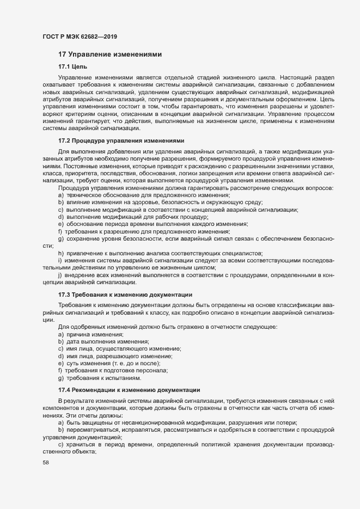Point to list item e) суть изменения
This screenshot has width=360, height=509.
click(x=113, y=363)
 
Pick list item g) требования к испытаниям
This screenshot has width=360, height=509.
click(x=99, y=378)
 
